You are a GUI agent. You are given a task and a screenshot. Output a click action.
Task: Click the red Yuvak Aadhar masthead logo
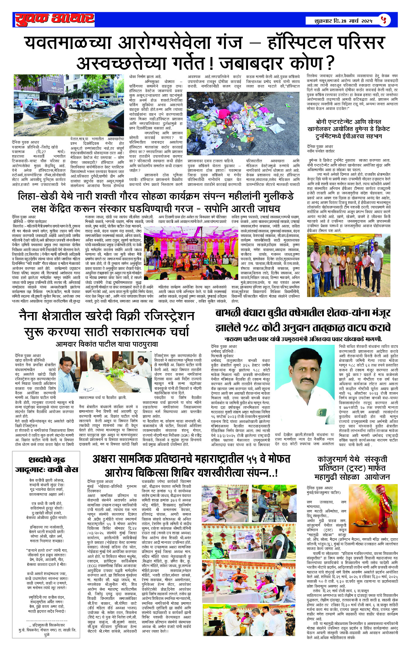pos(55,19)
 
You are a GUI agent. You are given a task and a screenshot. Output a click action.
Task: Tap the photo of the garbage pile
pos(243,123)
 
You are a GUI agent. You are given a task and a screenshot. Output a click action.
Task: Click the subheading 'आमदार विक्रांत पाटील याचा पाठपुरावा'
pos(107,344)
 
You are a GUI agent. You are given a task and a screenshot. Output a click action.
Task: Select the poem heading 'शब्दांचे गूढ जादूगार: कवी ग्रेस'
pos(47,465)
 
